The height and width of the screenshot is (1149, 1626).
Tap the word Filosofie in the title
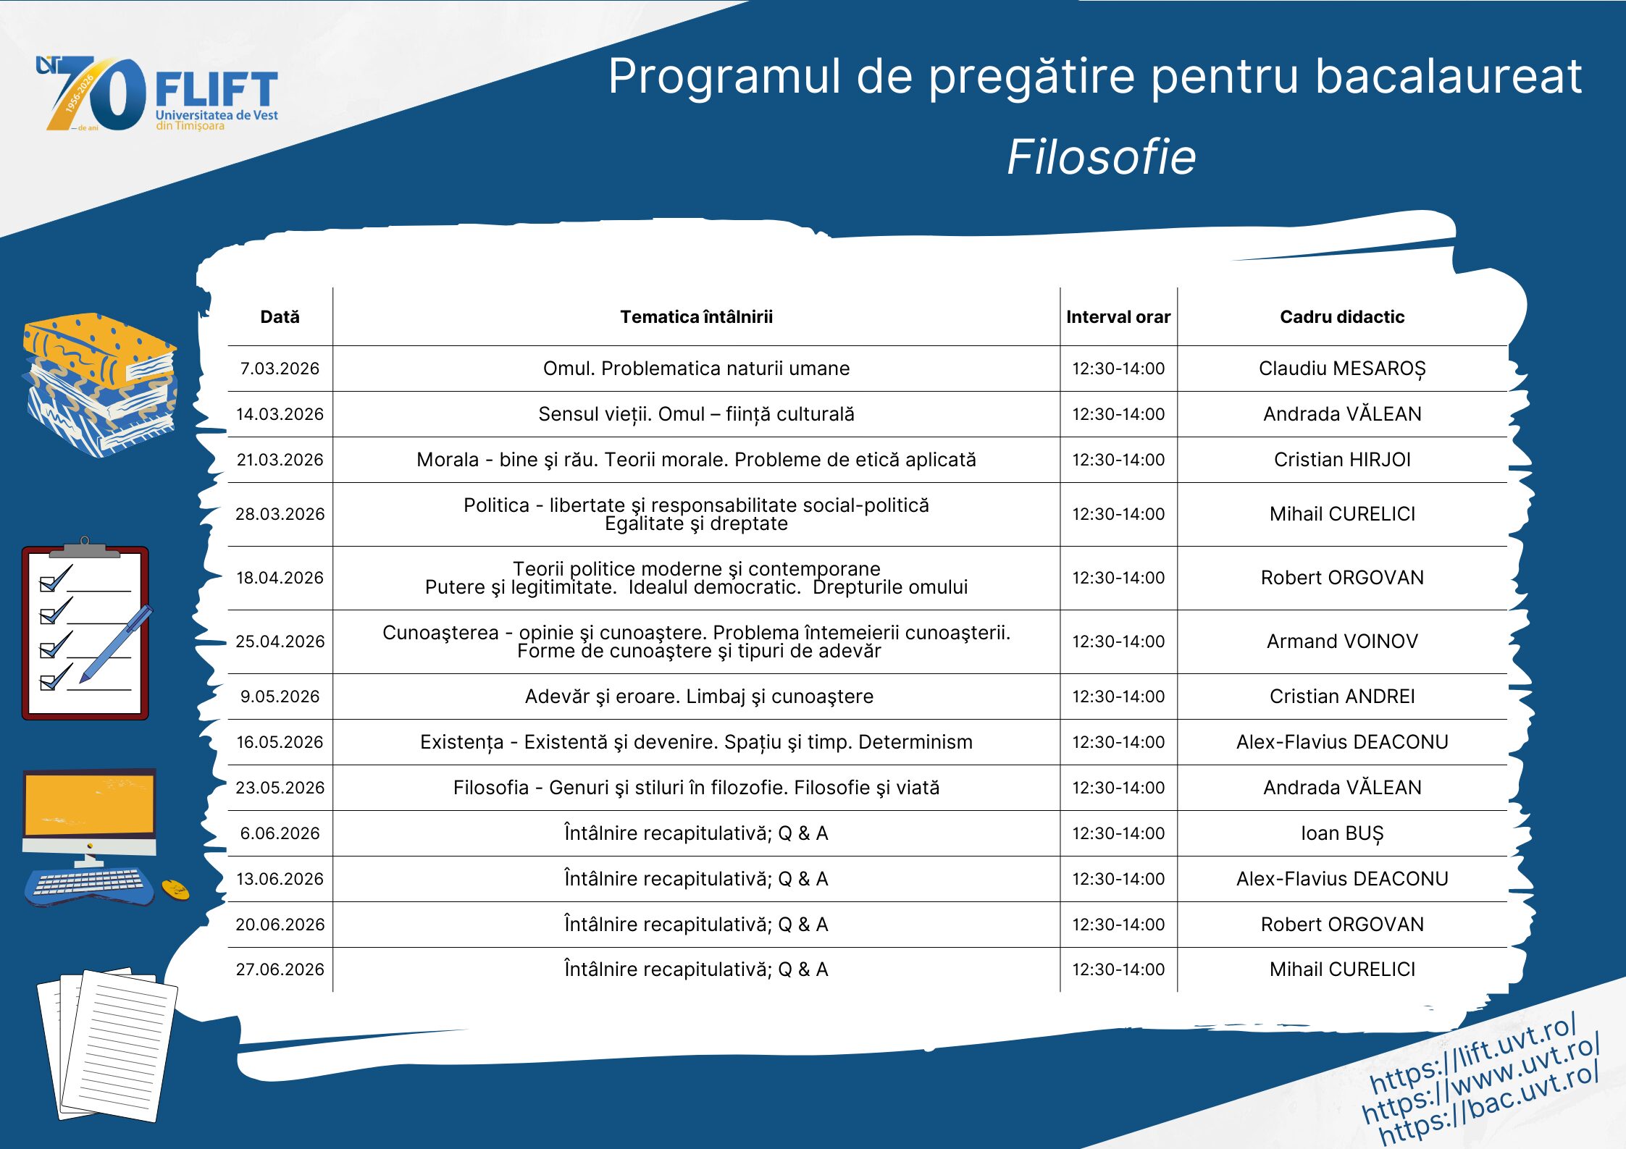1101,157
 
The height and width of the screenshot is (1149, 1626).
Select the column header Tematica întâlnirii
696,316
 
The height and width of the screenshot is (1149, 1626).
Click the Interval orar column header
1118,316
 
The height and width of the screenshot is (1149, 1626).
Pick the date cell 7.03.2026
280,369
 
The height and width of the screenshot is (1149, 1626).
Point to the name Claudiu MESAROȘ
1342,369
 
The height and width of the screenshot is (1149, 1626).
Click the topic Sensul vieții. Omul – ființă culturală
696,414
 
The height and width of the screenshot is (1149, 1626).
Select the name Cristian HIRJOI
1342,460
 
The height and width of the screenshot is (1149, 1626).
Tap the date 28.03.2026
280,514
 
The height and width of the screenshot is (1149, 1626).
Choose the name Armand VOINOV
1342,641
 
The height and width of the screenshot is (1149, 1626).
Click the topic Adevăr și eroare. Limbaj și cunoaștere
699,696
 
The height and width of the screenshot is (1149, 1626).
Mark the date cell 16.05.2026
280,742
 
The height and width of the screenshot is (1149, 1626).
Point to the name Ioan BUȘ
1342,834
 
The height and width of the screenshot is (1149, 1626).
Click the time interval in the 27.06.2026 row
1118,969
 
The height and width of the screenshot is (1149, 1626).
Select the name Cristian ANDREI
1342,696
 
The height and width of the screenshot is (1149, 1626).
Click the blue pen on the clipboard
116,644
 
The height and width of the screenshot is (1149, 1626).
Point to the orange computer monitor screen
89,804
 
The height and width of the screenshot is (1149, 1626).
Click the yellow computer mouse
175,890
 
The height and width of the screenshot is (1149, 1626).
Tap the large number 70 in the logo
98,94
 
